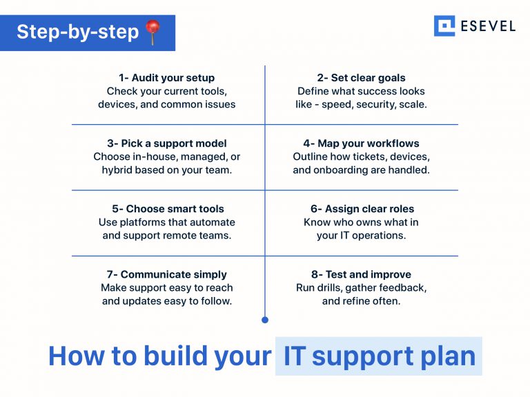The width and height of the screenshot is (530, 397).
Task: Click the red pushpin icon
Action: click(x=153, y=32)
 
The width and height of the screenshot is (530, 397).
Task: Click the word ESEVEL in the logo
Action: click(x=488, y=26)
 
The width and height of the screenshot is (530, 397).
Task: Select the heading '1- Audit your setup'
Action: click(x=166, y=78)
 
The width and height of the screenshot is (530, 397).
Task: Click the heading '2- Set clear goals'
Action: click(x=361, y=78)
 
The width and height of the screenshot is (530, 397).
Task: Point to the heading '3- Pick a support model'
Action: click(x=167, y=143)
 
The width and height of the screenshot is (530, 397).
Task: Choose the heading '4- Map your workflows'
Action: click(x=361, y=143)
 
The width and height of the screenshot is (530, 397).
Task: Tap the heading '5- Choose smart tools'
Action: click(x=168, y=209)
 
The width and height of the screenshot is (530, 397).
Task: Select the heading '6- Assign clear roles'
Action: click(x=361, y=209)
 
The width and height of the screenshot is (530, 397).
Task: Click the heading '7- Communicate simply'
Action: click(x=167, y=274)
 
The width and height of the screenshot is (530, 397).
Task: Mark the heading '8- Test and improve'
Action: click(x=361, y=274)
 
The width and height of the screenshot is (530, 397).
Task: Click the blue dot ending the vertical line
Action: click(x=265, y=320)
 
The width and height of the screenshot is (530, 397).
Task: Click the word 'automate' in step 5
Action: click(x=213, y=222)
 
